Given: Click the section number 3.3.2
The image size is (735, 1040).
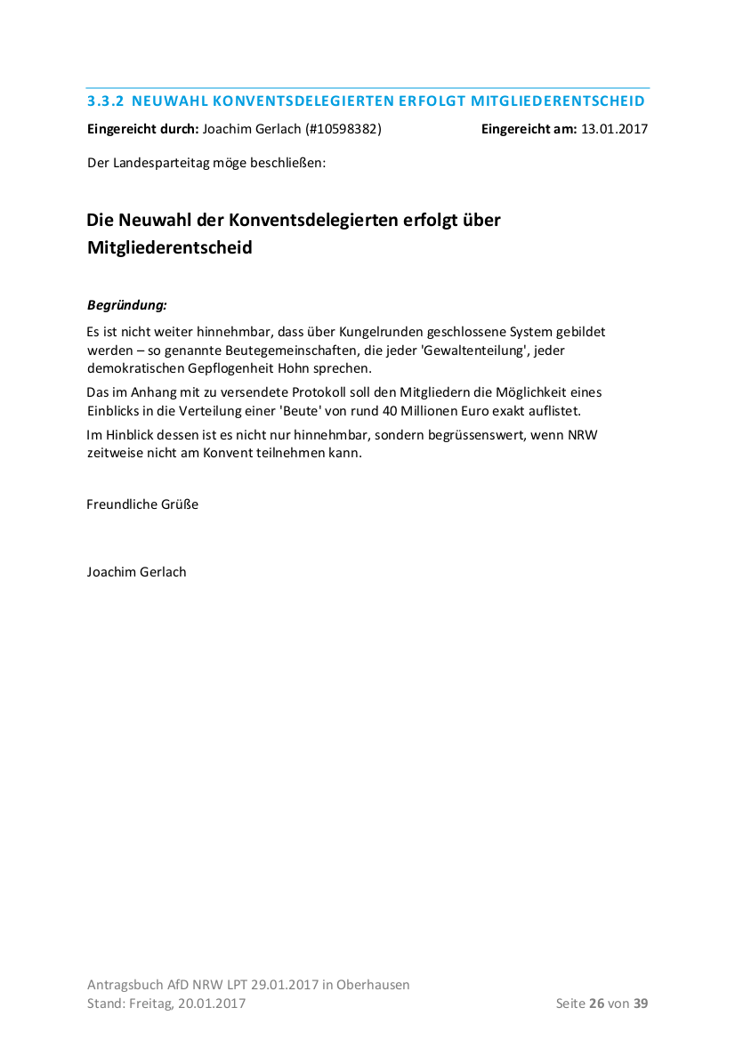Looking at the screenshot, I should [x=105, y=101].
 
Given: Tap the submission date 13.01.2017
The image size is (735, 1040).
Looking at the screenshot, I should [x=614, y=129].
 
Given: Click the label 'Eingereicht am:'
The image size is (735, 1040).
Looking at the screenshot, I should [x=529, y=129].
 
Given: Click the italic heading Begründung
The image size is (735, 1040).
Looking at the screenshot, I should [x=126, y=305].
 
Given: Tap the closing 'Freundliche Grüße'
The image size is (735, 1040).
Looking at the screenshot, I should [x=142, y=504].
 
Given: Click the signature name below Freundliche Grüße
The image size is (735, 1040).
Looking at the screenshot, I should [x=136, y=572].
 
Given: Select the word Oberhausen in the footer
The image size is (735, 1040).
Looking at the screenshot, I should [x=373, y=985].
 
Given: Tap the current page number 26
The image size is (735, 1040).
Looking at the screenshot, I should [x=596, y=1004].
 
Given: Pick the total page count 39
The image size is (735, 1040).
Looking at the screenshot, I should [x=641, y=1004].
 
